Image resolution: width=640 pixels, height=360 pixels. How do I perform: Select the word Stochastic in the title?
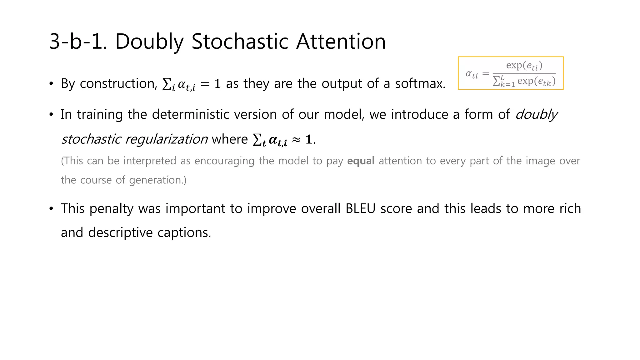[x=240, y=42]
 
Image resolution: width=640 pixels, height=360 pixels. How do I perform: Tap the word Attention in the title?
[x=341, y=42]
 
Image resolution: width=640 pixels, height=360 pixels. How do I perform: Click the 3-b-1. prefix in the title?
[x=78, y=42]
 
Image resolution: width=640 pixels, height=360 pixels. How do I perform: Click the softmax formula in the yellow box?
[x=511, y=73]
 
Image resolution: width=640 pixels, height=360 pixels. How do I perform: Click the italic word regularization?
[x=166, y=139]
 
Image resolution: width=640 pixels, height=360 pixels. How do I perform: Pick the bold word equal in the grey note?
[x=361, y=161]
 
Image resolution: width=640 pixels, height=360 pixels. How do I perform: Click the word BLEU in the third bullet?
[x=360, y=208]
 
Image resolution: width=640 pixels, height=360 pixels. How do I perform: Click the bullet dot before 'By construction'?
[x=52, y=84]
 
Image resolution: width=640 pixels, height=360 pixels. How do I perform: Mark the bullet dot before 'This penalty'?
[x=52, y=208]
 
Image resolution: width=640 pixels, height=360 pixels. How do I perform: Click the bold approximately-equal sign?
[x=296, y=140]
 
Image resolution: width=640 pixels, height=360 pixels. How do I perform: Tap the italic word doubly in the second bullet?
[x=536, y=114]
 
